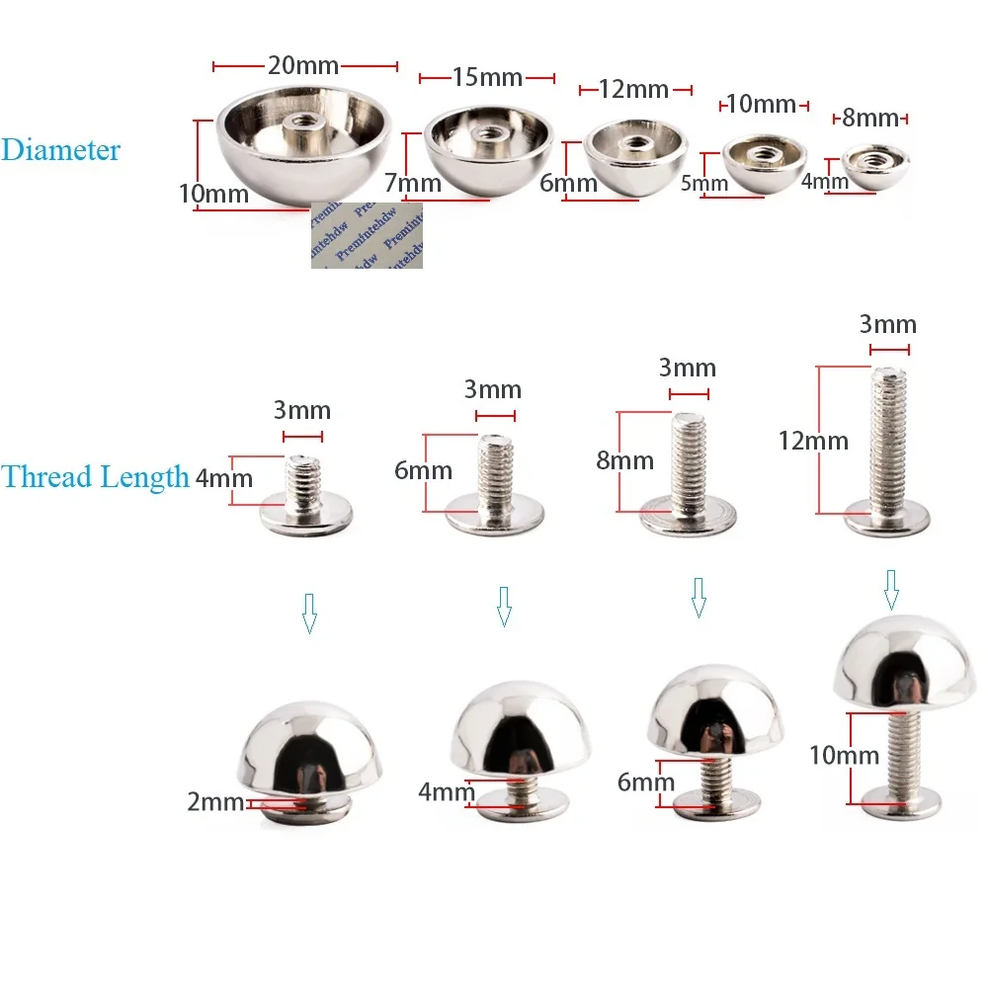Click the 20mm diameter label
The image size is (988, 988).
pyautogui.click(x=303, y=66)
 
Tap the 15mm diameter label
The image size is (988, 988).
pyautogui.click(x=486, y=77)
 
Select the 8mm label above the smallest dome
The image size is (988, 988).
pyautogui.click(x=870, y=119)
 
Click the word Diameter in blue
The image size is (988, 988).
pyautogui.click(x=60, y=150)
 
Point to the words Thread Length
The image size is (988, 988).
pyautogui.click(x=95, y=477)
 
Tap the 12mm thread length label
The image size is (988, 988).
pyautogui.click(x=812, y=441)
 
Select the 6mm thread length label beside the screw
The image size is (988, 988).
pyautogui.click(x=423, y=470)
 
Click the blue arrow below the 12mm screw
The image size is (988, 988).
pyautogui.click(x=891, y=590)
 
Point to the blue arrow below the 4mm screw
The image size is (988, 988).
pyautogui.click(x=309, y=613)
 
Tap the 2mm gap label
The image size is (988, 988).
pyautogui.click(x=215, y=802)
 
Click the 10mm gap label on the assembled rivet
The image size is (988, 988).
pyautogui.click(x=844, y=756)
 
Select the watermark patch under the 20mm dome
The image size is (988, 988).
pyautogui.click(x=367, y=236)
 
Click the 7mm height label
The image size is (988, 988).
pyautogui.click(x=412, y=183)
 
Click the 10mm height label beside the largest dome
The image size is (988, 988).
pyautogui.click(x=213, y=194)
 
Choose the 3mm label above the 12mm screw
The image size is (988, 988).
pyautogui.click(x=887, y=325)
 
